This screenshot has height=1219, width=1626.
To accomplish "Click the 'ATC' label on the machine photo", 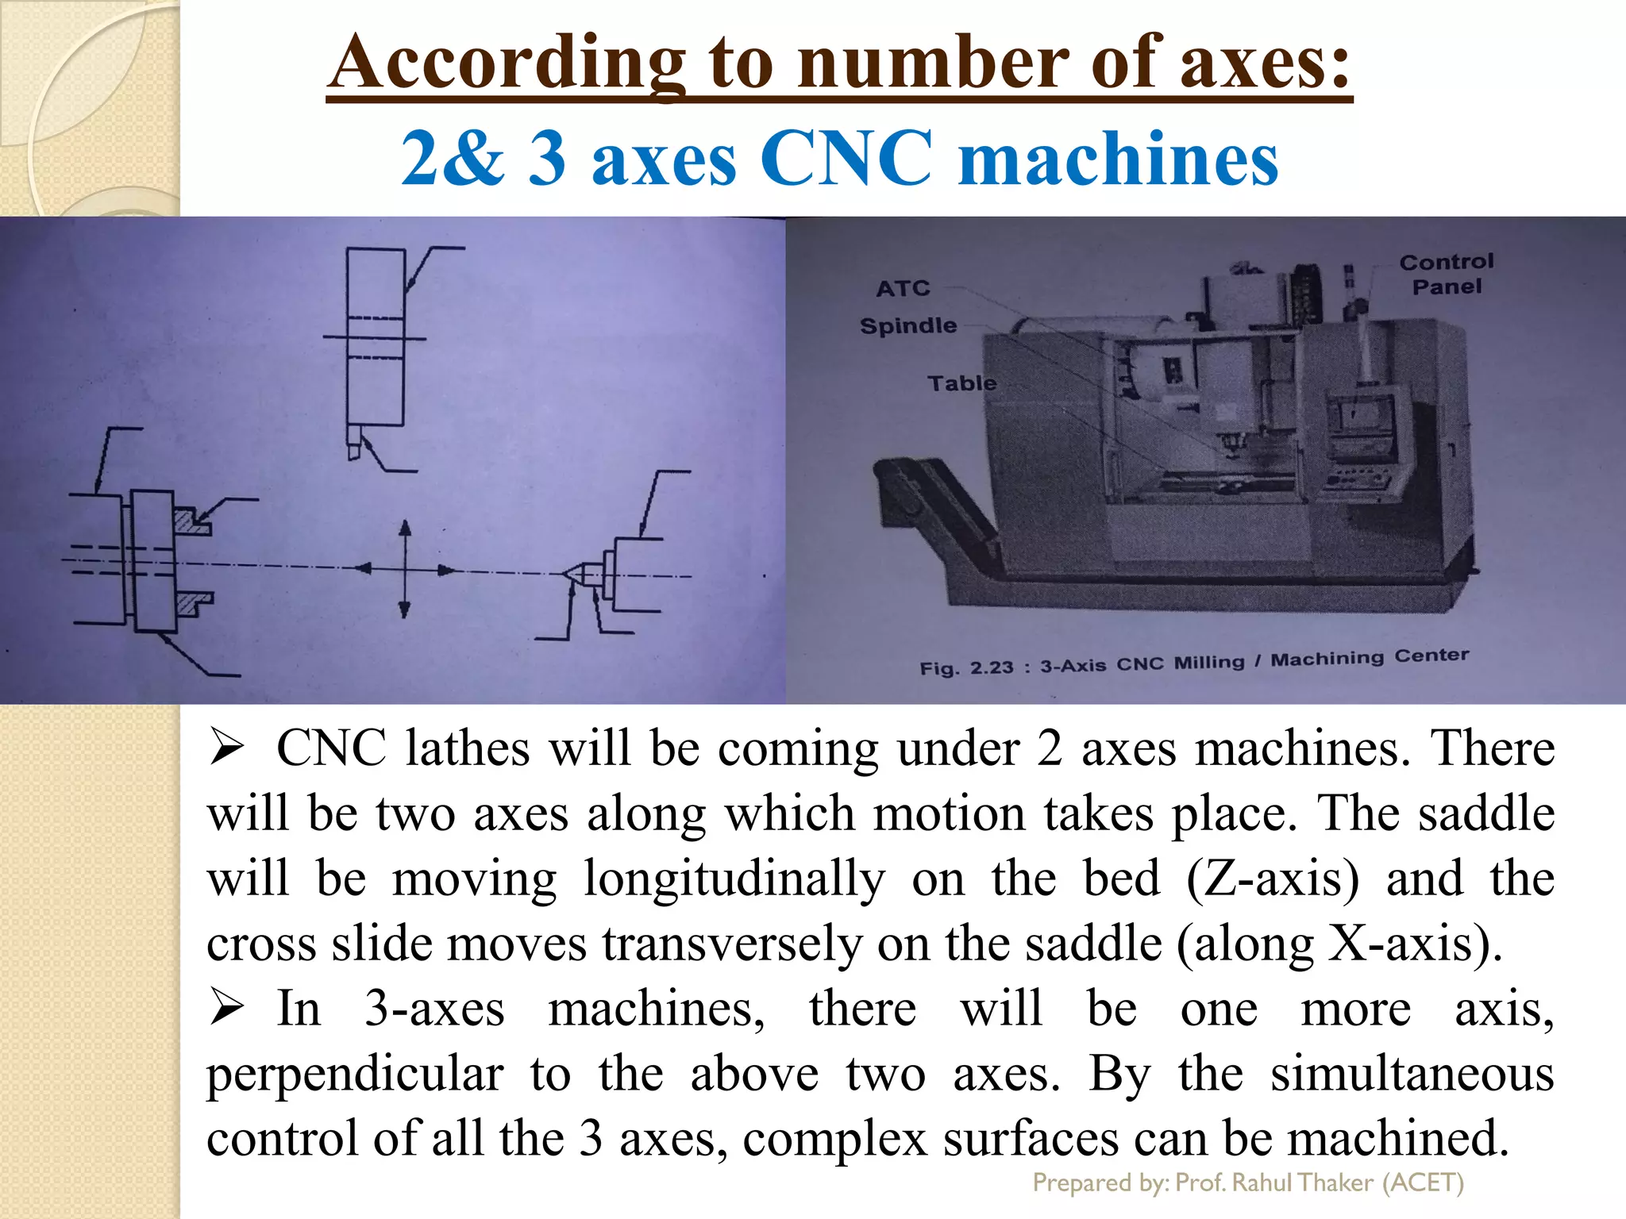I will click(x=903, y=288).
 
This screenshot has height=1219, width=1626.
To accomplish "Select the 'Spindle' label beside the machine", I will click(x=908, y=325).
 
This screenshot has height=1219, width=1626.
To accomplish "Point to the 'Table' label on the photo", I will click(x=961, y=383).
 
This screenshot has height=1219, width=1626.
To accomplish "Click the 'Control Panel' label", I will click(x=1446, y=274).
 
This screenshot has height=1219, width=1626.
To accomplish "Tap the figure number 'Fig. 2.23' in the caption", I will click(x=966, y=667).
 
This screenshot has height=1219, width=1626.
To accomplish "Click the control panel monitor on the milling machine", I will click(x=1361, y=417).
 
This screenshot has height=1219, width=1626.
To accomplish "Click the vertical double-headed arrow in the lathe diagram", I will click(x=405, y=568).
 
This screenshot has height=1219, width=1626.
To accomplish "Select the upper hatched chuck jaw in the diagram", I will click(x=191, y=521).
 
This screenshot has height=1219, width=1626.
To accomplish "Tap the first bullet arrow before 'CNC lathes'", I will click(x=226, y=748).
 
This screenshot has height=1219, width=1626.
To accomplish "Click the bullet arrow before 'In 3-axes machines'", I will click(x=226, y=1009).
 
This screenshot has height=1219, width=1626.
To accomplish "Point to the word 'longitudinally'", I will click(x=734, y=879).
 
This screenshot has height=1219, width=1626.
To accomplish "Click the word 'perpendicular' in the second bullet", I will click(x=355, y=1075).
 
